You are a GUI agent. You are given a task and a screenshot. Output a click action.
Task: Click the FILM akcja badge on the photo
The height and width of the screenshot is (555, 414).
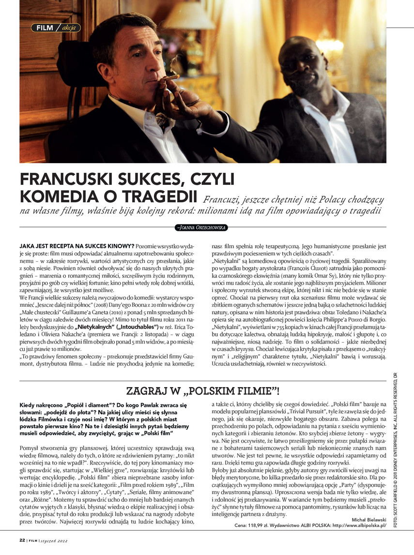pyautogui.click(x=56, y=28)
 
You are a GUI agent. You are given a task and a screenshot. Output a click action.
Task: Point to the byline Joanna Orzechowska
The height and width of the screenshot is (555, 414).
pyautogui.click(x=202, y=227)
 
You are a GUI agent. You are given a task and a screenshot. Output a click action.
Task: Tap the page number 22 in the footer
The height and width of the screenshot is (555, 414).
pyautogui.click(x=22, y=540)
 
